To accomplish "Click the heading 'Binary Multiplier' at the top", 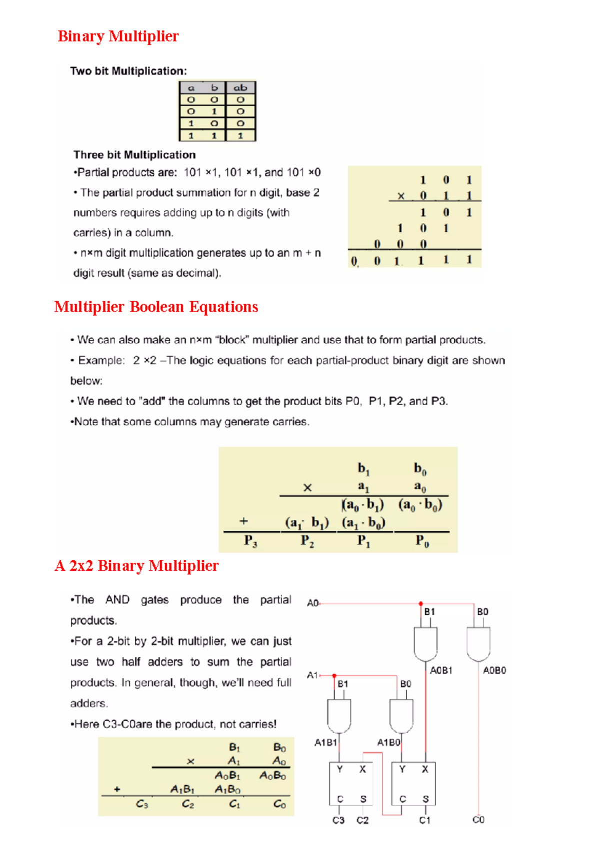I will click(118, 36).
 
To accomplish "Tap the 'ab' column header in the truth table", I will click(240, 87).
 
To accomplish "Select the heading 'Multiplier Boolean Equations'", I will click(156, 307).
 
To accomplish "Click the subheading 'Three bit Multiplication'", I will click(134, 155).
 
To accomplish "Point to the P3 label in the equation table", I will click(250, 541).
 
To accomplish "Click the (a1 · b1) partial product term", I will click(307, 522).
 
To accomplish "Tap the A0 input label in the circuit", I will click(312, 603).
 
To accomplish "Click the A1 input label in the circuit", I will click(312, 675).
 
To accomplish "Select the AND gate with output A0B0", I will click(478, 644).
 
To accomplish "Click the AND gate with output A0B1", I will click(425, 644).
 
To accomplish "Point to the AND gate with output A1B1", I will click(339, 716).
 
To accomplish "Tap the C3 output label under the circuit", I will click(338, 820).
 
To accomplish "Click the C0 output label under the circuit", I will click(478, 820).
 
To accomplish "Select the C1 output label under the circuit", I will click(424, 820).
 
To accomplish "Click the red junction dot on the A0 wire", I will click(421, 604).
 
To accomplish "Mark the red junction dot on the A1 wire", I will click(334, 676).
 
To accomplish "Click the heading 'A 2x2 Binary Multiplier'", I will click(136, 566).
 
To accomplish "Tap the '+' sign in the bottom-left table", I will click(117, 789).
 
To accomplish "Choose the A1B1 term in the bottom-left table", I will click(182, 789).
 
